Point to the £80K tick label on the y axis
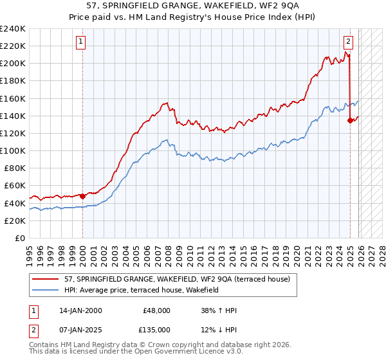click(x=14, y=168)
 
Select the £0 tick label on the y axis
click(x=20, y=238)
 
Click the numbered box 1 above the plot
click(x=81, y=42)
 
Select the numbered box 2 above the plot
click(x=348, y=42)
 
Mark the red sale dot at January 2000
click(x=83, y=195)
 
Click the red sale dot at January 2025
click(x=350, y=120)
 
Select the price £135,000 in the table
click(x=156, y=330)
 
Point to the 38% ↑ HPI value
click(x=219, y=310)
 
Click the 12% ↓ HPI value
click(x=219, y=330)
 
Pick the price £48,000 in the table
click(x=156, y=310)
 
